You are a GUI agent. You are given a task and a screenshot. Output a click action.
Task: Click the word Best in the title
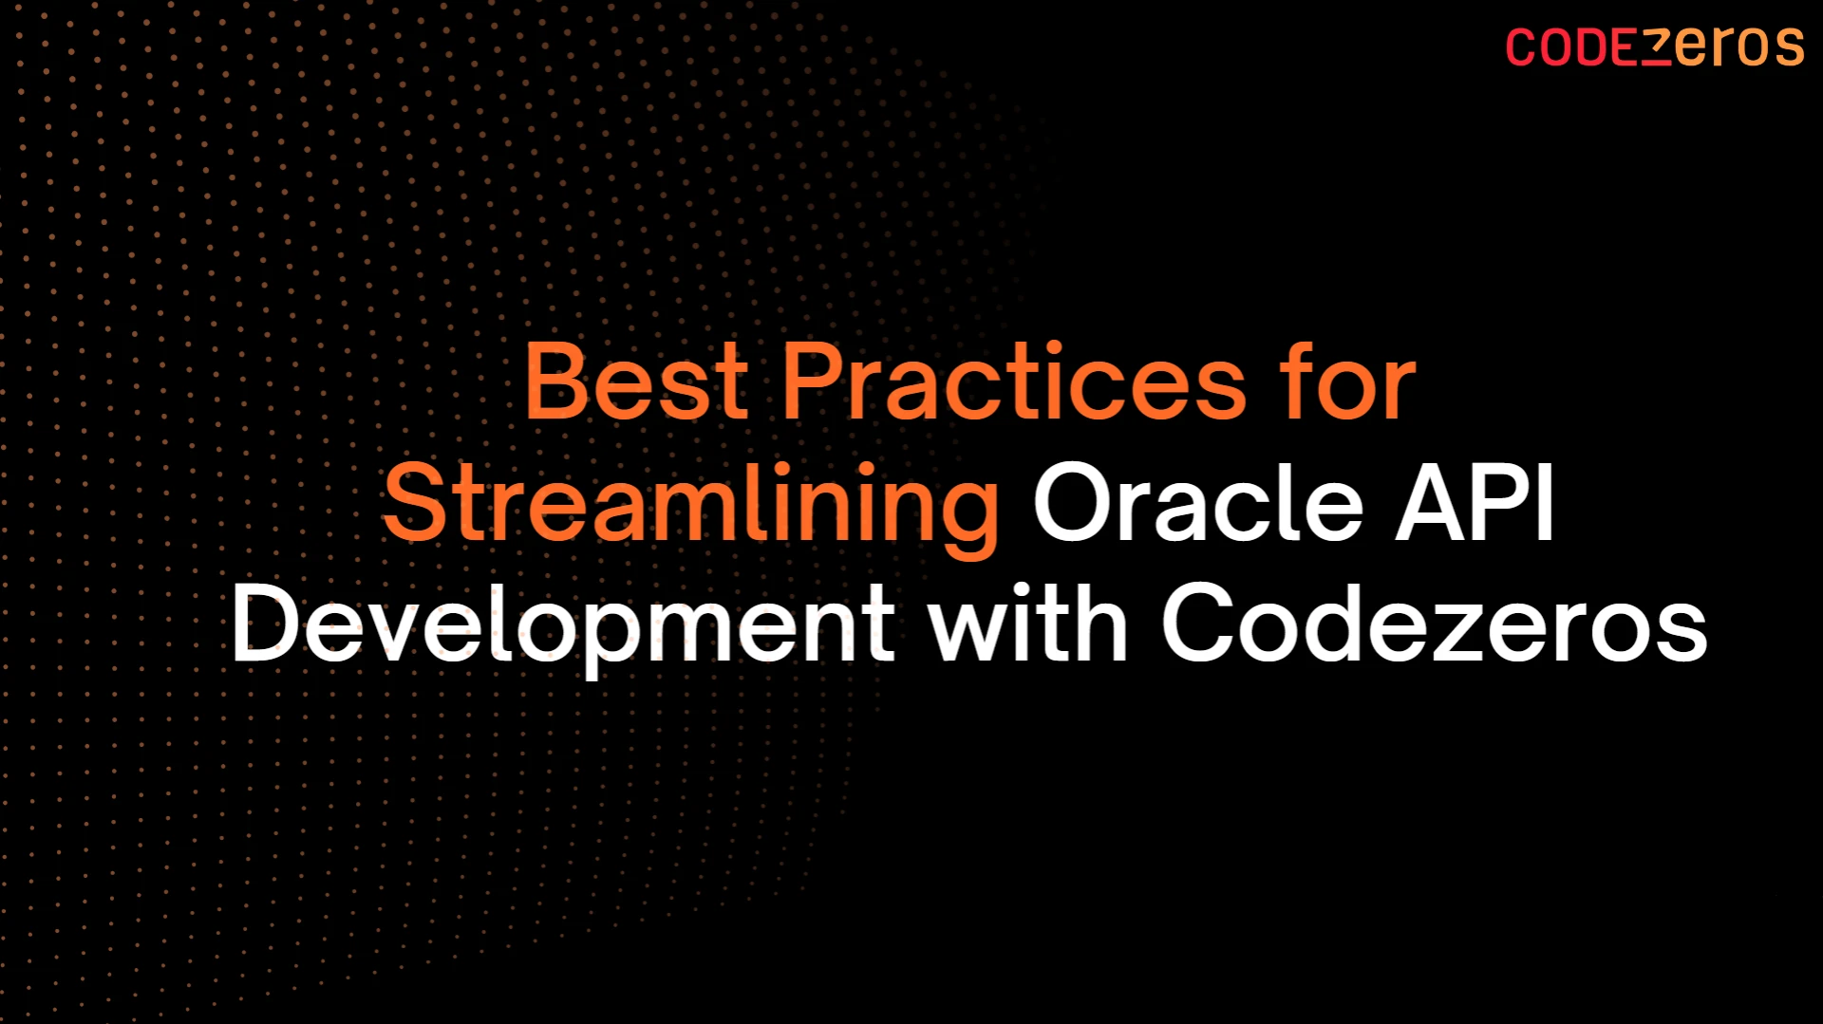[x=636, y=382]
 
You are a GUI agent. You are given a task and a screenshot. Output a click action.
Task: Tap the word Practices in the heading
[x=1012, y=382]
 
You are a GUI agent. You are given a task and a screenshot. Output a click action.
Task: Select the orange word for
[x=1348, y=382]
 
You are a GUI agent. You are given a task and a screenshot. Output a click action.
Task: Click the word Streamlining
[x=691, y=506]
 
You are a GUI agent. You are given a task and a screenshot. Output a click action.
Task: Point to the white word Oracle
[x=1198, y=504]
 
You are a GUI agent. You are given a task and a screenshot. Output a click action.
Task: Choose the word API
[x=1475, y=504]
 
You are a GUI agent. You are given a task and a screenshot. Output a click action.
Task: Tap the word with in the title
[x=1027, y=624]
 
